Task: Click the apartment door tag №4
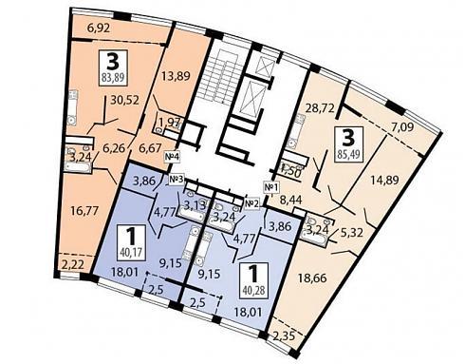tap(172, 156)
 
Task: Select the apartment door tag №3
tap(177, 180)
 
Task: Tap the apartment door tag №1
tap(272, 187)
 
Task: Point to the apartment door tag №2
tap(252, 203)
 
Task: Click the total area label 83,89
tap(113, 78)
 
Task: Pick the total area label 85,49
tap(349, 155)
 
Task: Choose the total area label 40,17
tap(132, 253)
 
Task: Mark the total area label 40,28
tap(253, 290)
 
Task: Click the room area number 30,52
tap(125, 100)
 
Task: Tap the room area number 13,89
tap(176, 76)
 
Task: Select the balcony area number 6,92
tap(99, 29)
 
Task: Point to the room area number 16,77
tap(84, 210)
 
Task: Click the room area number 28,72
tap(320, 108)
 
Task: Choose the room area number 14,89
tap(384, 180)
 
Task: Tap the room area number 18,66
tap(313, 278)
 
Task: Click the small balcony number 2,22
tap(73, 265)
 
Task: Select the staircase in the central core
tap(219, 78)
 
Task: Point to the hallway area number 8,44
tap(291, 200)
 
